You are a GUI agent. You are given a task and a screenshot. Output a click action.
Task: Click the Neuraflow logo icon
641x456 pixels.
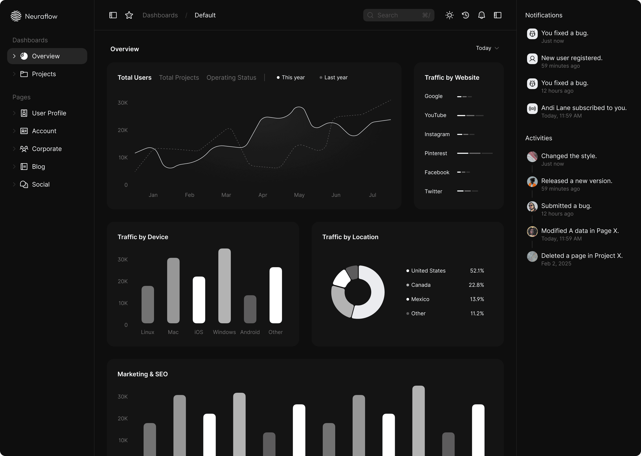click(16, 16)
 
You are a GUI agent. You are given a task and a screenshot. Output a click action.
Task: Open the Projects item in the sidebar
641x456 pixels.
click(44, 74)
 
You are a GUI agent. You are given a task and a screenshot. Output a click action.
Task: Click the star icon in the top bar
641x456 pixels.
click(129, 15)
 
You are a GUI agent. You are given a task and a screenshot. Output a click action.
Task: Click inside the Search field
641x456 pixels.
click(399, 15)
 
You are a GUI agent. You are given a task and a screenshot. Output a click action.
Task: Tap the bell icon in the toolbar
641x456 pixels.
click(482, 15)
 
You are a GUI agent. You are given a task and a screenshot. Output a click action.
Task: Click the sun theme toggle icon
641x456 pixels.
click(450, 15)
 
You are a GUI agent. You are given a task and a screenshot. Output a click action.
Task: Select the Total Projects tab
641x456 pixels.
click(179, 77)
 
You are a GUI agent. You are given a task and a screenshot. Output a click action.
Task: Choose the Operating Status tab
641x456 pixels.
click(231, 77)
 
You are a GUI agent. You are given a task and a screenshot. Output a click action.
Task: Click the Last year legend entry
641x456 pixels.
click(333, 77)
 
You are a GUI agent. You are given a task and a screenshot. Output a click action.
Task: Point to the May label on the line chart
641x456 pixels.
click(299, 195)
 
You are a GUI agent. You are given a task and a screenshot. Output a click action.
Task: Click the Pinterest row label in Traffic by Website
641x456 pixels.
click(436, 153)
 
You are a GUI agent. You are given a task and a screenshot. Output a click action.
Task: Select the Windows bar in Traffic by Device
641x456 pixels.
click(225, 286)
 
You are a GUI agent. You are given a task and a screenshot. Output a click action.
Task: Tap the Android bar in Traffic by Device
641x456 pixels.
click(250, 309)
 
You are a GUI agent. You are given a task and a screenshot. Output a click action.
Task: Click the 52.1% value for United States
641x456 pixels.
click(477, 271)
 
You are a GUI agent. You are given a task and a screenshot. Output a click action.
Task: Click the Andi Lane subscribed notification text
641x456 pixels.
click(584, 108)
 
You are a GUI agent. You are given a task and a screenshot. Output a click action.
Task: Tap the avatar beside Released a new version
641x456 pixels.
click(532, 182)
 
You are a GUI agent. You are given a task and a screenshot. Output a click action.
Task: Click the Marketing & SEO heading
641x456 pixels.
click(143, 374)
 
